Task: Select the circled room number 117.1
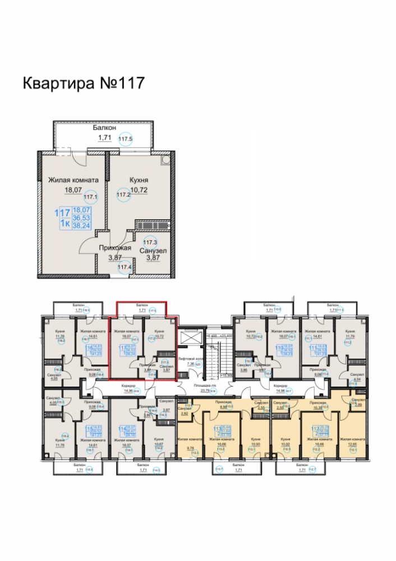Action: point(90,197)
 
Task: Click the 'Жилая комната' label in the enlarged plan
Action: point(73,180)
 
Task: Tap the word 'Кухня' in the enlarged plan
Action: point(139,180)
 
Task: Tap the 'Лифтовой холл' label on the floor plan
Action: point(186,357)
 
